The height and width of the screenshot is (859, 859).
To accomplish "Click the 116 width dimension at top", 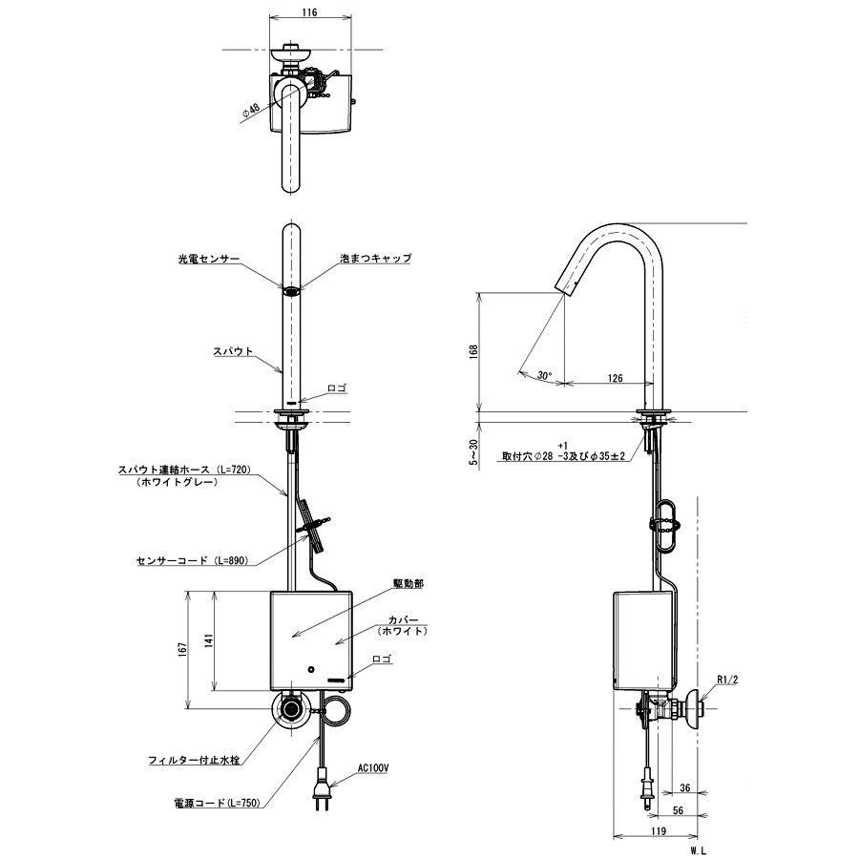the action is [x=309, y=12].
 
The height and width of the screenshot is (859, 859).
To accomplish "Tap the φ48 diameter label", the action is [x=251, y=110].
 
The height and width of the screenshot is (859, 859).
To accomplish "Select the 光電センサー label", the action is [x=209, y=259].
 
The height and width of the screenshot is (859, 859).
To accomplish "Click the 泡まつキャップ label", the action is [x=376, y=258].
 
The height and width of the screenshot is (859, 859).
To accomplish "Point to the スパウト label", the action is [x=233, y=351].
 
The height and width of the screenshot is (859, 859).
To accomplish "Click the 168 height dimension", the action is [x=473, y=351].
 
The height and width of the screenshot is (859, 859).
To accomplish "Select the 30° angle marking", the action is [x=544, y=376].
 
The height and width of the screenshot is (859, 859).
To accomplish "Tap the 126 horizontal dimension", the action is [x=616, y=379].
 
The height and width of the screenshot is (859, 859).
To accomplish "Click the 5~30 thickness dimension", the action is [x=473, y=452].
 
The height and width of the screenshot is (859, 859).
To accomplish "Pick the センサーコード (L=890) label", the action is [x=192, y=560].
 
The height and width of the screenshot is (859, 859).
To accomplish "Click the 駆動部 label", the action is [x=409, y=584].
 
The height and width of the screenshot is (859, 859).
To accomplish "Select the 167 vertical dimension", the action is [x=183, y=650].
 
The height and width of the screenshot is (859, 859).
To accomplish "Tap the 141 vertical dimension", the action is [x=209, y=640].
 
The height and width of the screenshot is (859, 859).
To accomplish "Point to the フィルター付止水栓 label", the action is [x=194, y=761].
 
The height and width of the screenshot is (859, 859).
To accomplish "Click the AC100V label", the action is [x=373, y=768].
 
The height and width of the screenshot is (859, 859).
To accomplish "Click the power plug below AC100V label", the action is [x=320, y=789].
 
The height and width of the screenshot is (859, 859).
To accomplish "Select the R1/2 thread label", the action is [x=727, y=680].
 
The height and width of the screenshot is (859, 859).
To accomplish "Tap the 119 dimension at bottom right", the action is [x=658, y=831].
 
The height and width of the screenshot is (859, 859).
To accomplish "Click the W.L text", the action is [x=699, y=850].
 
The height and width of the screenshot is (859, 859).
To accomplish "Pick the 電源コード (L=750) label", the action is [x=217, y=803].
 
